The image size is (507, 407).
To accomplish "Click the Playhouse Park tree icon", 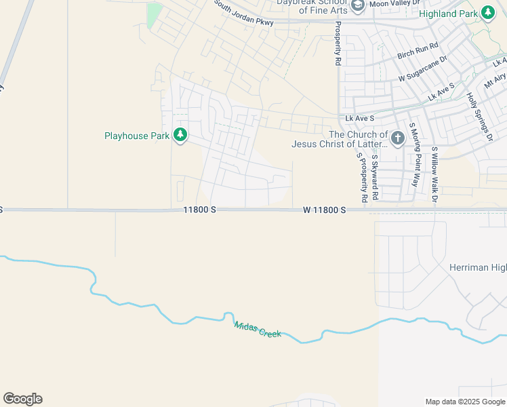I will coord(180,136).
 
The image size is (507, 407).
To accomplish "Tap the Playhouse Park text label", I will coord(136,136).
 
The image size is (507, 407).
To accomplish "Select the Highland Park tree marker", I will coord(487,13).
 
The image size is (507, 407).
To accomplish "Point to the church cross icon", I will coord(397,139).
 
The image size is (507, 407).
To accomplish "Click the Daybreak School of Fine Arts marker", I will coord(357,5).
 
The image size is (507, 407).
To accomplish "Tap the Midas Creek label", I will coord(257,330).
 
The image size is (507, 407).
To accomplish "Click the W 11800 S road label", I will coord(324,210).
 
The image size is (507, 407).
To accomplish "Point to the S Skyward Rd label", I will coord(374,177).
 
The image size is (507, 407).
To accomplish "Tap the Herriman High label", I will coord(478,268).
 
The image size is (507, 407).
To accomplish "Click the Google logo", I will coord(22,399).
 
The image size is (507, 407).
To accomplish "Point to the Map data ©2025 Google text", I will coord(465,402).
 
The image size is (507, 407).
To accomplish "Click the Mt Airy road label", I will coord(495,82).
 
